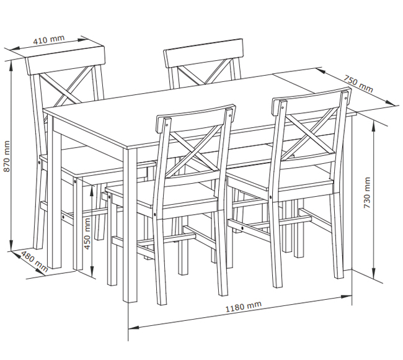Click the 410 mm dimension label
[x=49, y=39]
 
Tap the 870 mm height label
[x=7, y=156]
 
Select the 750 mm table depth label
[x=358, y=84]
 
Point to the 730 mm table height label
[x=367, y=193]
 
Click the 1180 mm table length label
[x=244, y=306]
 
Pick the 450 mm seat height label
[x=87, y=233]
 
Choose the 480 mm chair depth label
[x=34, y=261]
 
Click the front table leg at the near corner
[x=130, y=225]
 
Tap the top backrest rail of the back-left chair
[x=66, y=61]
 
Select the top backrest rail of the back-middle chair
[x=203, y=53]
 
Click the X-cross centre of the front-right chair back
[x=311, y=136]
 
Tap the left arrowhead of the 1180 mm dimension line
[x=133, y=328]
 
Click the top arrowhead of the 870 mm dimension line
[x=11, y=66]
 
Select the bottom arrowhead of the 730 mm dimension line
[x=374, y=273]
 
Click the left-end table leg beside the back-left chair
[x=54, y=193]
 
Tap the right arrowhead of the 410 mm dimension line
[x=84, y=40]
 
